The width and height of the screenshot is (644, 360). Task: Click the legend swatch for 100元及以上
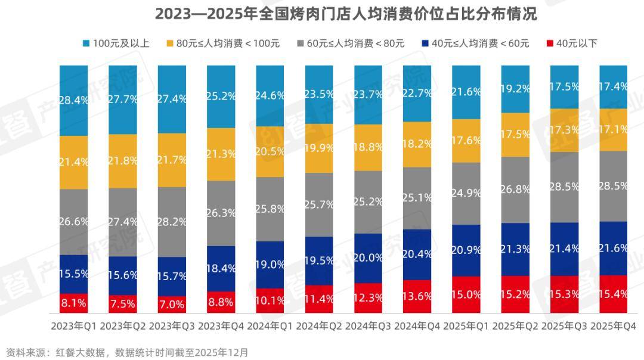pyautogui.click(x=86, y=43)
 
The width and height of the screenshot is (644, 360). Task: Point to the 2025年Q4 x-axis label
pyautogui.click(x=612, y=327)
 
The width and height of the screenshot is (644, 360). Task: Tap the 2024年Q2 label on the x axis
pyautogui.click(x=318, y=327)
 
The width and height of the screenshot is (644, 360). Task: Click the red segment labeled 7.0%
pyautogui.click(x=172, y=305)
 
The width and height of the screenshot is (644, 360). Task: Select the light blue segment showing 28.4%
pyautogui.click(x=73, y=100)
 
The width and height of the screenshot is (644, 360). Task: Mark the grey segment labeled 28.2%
pyautogui.click(x=172, y=222)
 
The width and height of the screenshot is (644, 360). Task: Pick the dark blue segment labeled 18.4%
pyautogui.click(x=221, y=269)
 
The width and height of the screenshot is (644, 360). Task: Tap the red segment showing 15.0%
pyautogui.click(x=466, y=294)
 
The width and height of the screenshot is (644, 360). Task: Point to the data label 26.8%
pyautogui.click(x=515, y=190)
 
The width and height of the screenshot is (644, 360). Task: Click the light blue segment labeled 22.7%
pyautogui.click(x=417, y=93)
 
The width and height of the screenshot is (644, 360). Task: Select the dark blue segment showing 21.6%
pyautogui.click(x=612, y=248)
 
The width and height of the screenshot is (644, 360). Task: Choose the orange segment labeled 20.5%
pyautogui.click(x=270, y=151)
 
